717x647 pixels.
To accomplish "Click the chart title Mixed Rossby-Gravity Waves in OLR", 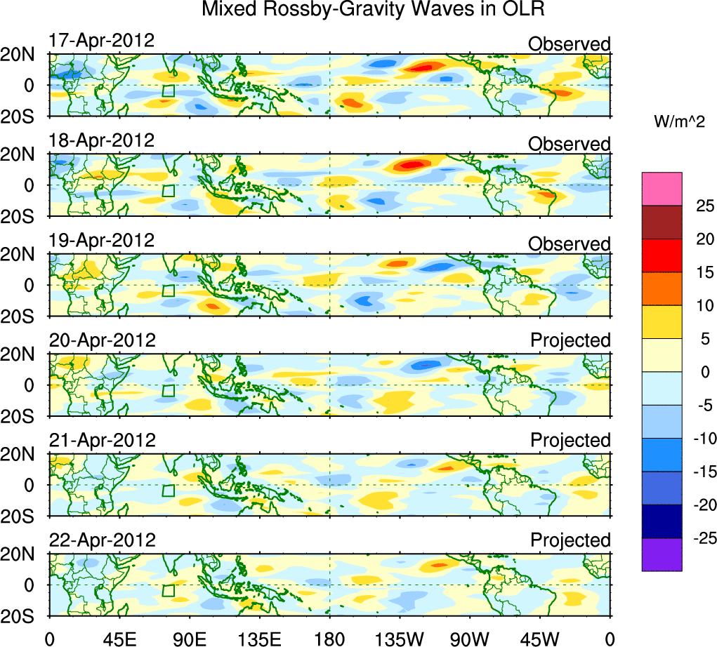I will (373, 10).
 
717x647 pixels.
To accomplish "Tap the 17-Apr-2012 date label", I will (101, 40).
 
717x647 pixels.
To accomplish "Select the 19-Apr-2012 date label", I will (101, 240).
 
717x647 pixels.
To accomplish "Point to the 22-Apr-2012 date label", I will (101, 540).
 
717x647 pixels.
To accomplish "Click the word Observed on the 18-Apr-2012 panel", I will (570, 144).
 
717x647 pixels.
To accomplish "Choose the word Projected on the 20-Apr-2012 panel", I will (570, 340).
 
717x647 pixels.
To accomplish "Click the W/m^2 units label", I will (679, 122).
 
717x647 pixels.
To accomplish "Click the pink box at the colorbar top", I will (662, 189).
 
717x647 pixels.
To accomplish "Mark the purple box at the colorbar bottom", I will (662, 554).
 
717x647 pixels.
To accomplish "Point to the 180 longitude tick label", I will (329, 637).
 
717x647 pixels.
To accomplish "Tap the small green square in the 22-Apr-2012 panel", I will (168, 590).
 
